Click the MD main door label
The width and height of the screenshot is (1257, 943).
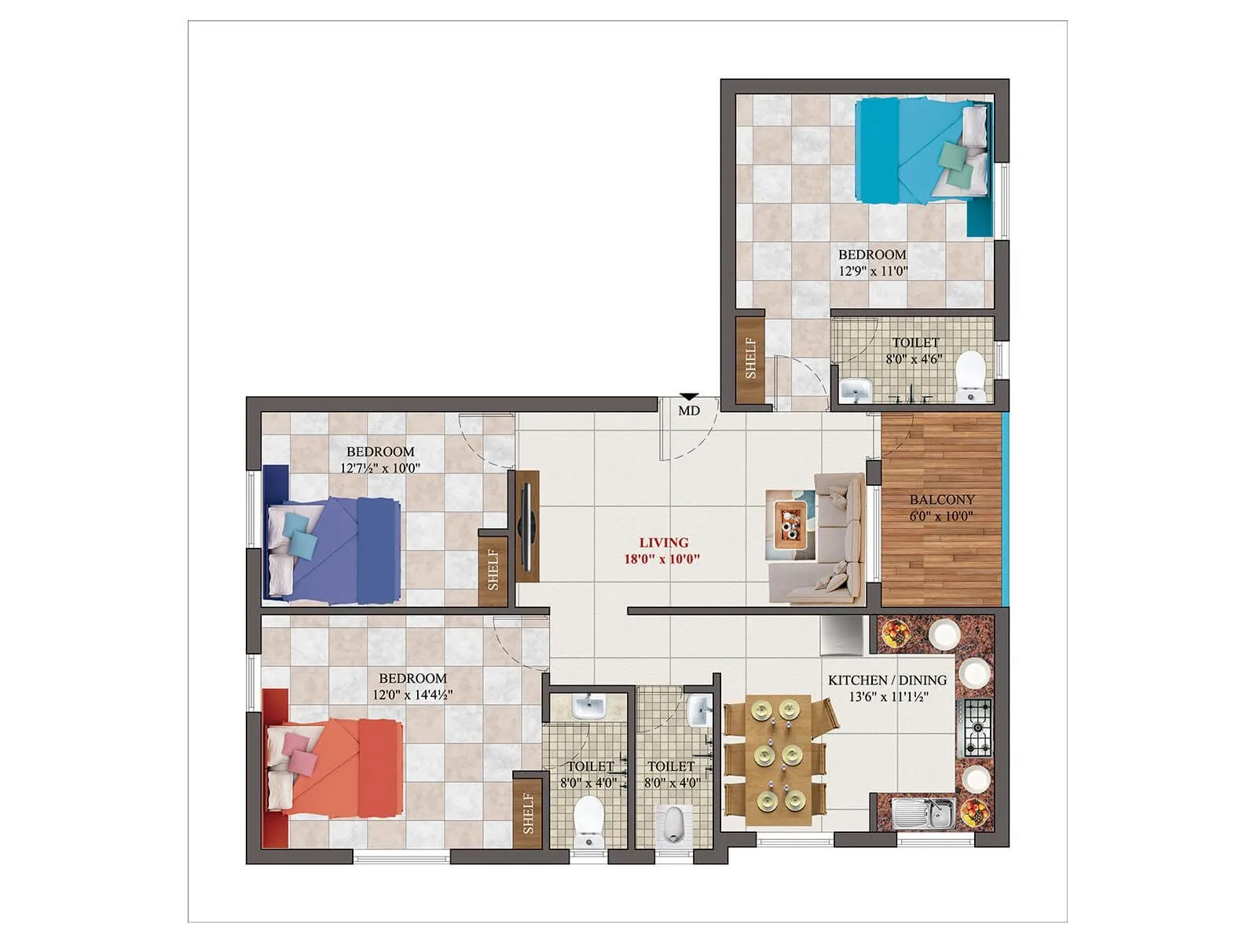(x=689, y=411)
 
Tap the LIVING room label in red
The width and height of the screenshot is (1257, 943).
(x=663, y=542)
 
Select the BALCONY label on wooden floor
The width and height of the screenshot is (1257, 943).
(x=941, y=500)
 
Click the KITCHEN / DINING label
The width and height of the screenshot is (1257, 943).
(x=887, y=681)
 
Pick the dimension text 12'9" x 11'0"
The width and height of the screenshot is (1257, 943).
(x=873, y=271)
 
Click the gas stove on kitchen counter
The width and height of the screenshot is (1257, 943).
(x=975, y=727)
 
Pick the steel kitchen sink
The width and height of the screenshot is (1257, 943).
(x=924, y=814)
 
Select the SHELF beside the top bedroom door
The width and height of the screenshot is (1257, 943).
(x=750, y=359)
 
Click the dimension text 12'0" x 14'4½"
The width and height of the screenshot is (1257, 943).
(x=412, y=695)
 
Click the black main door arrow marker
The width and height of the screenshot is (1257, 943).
(x=689, y=398)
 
